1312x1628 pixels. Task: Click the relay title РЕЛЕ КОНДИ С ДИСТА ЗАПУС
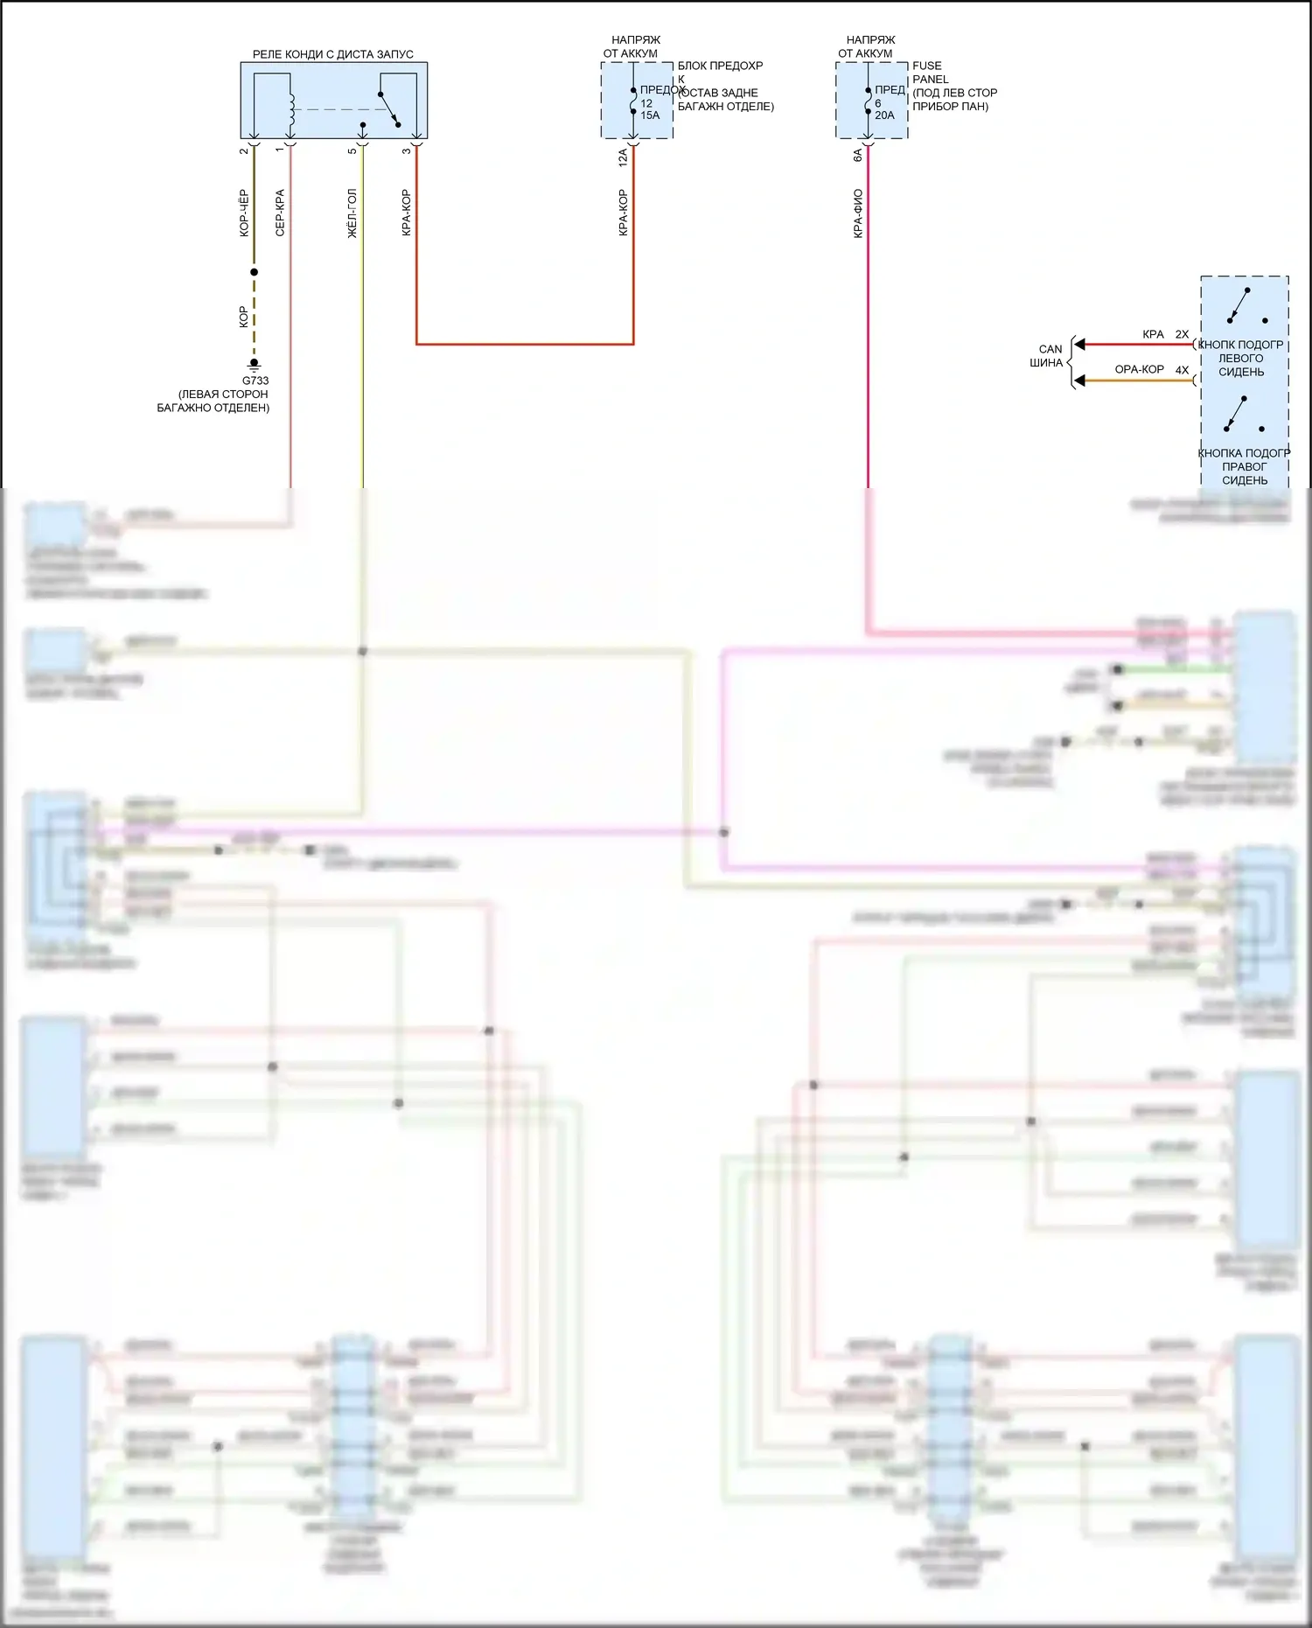click(332, 54)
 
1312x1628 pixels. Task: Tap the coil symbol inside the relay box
click(290, 109)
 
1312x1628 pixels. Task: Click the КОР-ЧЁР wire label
click(244, 213)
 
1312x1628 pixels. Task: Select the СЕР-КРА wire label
click(280, 213)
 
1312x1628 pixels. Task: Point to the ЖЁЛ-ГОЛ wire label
click(352, 213)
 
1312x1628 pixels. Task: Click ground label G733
click(255, 381)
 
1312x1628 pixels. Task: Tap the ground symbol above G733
click(255, 363)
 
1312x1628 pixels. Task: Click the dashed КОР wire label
click(243, 317)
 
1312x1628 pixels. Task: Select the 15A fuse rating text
click(650, 115)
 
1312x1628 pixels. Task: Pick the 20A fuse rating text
click(884, 115)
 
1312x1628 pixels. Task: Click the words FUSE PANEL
click(930, 73)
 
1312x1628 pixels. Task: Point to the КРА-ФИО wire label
click(858, 213)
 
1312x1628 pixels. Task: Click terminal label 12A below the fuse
click(623, 157)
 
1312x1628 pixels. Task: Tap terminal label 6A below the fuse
click(858, 155)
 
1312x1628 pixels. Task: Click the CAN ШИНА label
click(1048, 356)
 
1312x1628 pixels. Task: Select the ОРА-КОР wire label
click(1139, 369)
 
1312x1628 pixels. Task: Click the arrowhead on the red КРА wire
click(1079, 345)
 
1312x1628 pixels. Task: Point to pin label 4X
click(1182, 370)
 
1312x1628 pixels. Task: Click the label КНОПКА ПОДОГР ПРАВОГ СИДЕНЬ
click(1244, 466)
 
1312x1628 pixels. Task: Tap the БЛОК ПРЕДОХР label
click(720, 66)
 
